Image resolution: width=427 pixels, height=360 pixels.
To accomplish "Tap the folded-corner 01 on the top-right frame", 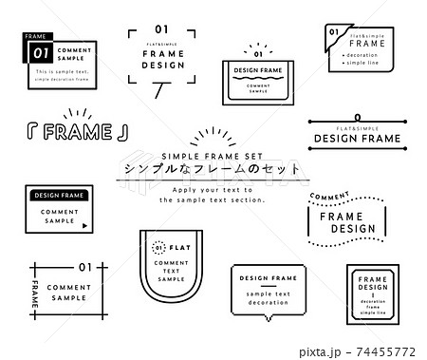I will [x=333, y=32].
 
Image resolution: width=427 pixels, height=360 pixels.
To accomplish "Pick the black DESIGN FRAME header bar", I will [x=59, y=195].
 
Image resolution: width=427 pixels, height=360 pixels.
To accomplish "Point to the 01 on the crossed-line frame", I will [x=84, y=267].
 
